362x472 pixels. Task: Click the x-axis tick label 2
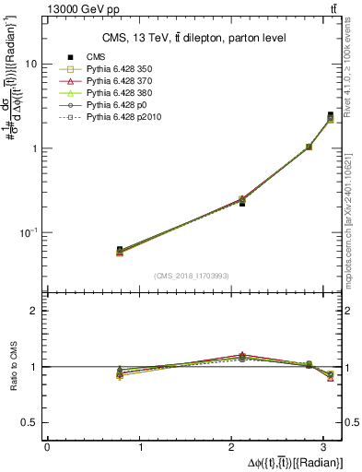point(234,446)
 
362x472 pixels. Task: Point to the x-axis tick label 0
point(47,446)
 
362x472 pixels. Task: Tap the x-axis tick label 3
point(328,446)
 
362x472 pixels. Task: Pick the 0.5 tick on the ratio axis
point(29,422)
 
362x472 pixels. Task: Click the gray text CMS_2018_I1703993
point(193,276)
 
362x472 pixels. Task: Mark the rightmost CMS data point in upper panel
point(331,115)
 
